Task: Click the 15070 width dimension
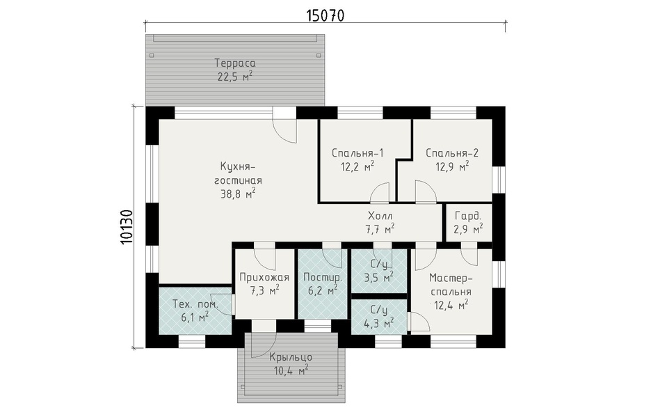coord(325,15)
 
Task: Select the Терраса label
coord(235,63)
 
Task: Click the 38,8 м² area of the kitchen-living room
coord(237,194)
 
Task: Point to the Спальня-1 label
coord(357,153)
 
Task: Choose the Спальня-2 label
coord(452,153)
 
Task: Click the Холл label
coord(380,217)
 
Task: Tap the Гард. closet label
coord(468,217)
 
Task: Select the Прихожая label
coord(264,277)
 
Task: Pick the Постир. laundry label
coord(323,277)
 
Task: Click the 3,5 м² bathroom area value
coord(378,277)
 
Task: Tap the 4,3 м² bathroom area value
coord(378,322)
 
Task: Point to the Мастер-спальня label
coord(451,284)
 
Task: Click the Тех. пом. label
coord(195,305)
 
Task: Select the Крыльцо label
coord(291,357)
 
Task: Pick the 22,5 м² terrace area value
coord(235,77)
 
